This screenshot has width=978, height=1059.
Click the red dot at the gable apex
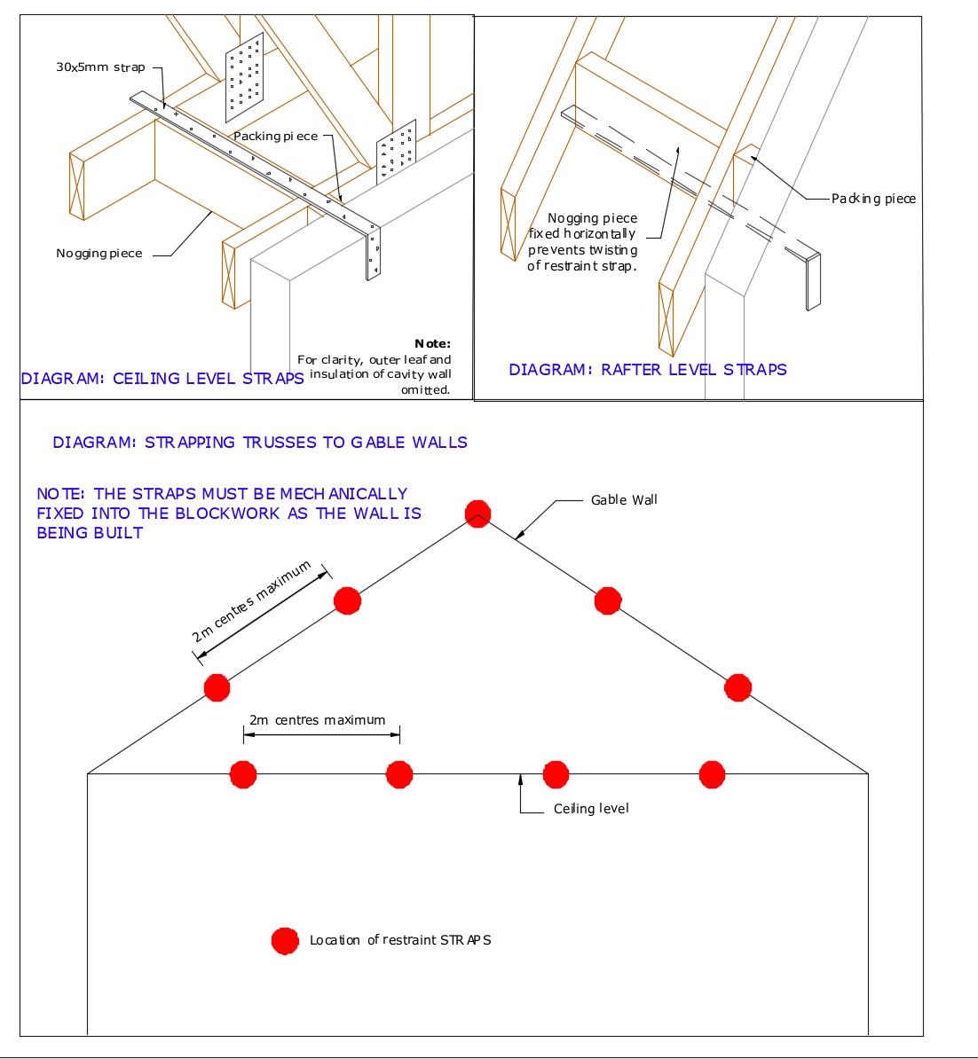click(477, 514)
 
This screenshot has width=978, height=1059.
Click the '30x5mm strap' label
click(100, 67)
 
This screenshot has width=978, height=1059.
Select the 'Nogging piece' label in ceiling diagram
click(99, 254)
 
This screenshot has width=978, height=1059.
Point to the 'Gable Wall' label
click(624, 500)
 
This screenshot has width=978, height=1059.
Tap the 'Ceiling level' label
click(591, 809)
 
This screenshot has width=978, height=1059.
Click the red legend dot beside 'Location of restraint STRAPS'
click(285, 941)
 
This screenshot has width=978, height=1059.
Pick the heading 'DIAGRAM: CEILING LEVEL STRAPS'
click(162, 379)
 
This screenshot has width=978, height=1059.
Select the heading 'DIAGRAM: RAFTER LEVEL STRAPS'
click(648, 370)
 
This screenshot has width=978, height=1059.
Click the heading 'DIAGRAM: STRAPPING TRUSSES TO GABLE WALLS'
click(260, 443)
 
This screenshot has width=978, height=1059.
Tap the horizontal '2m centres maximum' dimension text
click(318, 720)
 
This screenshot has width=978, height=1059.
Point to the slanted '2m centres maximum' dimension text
click(252, 602)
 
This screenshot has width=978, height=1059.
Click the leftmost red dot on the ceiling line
click(243, 774)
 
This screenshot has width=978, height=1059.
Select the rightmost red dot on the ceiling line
click(712, 774)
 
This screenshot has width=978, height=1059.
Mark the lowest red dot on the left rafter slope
click(217, 687)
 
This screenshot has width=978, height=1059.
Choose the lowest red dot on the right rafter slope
click(737, 687)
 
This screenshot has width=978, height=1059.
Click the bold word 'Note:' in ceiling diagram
click(432, 344)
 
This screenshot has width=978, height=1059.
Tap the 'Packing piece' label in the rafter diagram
click(873, 199)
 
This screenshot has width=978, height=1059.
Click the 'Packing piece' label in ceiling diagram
click(275, 137)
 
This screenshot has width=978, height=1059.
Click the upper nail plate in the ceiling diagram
click(245, 79)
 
